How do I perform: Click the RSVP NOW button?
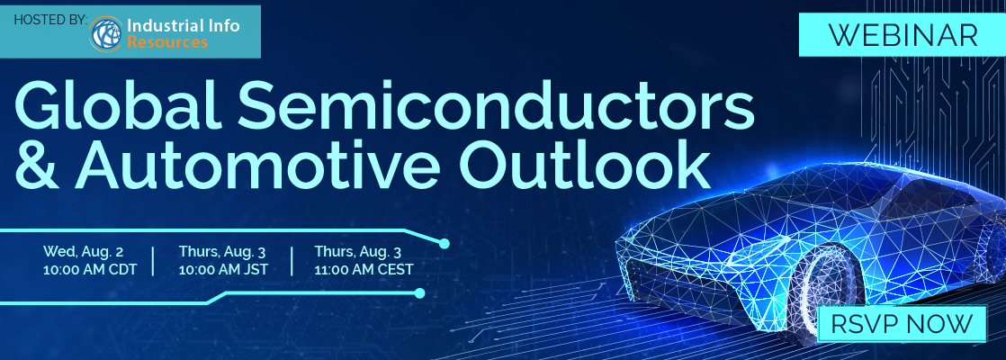pos(902,324)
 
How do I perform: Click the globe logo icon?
pos(106,34)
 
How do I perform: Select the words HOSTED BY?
pos(50,19)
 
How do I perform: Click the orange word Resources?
pos(167,43)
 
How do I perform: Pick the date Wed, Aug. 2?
pos(84,251)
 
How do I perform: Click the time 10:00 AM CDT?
pos(90,269)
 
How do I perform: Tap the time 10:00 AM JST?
pos(223,269)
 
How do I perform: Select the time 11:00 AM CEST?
pos(364,269)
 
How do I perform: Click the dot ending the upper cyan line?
pos(444,244)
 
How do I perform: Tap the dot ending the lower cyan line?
pos(419,293)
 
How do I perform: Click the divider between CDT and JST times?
pos(153,260)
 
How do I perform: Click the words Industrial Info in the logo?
pos(184,26)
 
